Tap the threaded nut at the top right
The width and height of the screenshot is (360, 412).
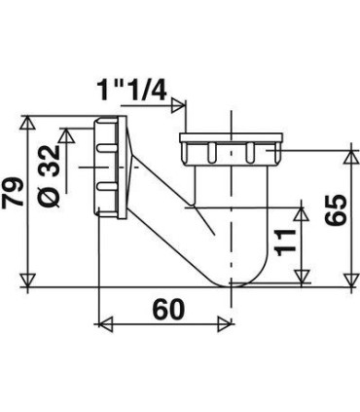[230, 151]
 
